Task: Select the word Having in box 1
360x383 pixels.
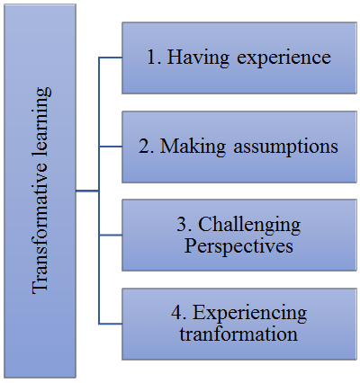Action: coord(198,58)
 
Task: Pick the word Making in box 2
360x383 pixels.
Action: coord(192,147)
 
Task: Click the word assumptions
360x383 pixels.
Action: coord(285,147)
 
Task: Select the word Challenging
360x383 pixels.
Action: coord(249,226)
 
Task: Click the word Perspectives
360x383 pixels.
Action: coord(238,246)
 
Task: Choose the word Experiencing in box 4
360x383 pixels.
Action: coord(249,314)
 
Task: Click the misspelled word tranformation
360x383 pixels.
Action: coord(238,334)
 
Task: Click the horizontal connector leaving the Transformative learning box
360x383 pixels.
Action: coord(87,191)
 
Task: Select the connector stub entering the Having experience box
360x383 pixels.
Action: coord(111,58)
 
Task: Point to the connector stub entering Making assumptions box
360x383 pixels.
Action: coord(111,147)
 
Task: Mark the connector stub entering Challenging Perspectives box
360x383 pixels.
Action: coord(111,236)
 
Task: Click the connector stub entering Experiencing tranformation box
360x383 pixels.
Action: coord(111,324)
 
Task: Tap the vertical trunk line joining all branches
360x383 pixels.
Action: coord(99,191)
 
